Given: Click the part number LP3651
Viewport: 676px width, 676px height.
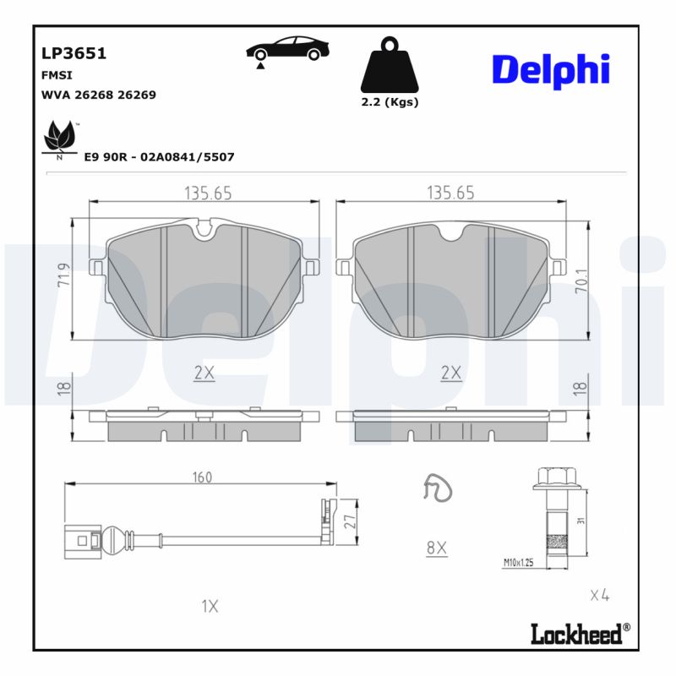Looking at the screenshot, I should coord(74,53).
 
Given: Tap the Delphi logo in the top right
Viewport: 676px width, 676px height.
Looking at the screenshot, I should coord(550,69).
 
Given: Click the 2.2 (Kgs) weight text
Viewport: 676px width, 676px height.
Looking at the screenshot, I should coord(390,101).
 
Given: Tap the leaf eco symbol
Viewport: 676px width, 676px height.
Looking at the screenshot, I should coord(59,136).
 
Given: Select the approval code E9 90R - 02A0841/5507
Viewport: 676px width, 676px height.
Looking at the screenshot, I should coord(159,157).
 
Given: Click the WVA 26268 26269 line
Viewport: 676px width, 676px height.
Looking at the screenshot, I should coord(98,95).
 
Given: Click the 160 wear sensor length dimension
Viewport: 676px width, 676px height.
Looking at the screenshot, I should coord(201,477).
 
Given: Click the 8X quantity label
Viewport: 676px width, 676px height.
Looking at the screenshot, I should coord(436,548).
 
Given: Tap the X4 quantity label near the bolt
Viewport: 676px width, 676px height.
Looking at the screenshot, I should coord(599,596).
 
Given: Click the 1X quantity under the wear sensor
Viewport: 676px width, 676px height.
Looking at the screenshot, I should coord(210,606).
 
